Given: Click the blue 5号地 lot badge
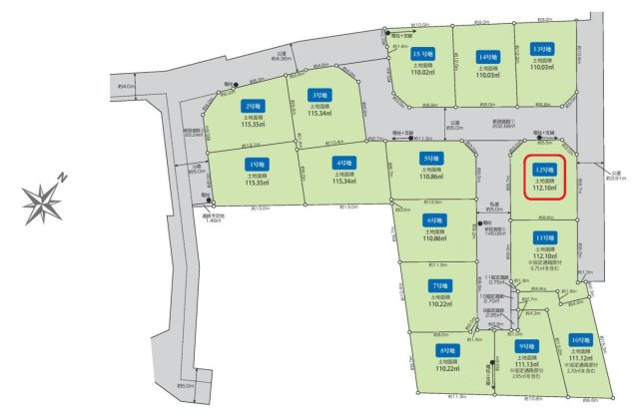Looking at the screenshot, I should click(432, 158).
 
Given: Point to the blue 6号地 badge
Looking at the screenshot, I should click(434, 220).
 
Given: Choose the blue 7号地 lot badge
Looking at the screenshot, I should click(436, 286).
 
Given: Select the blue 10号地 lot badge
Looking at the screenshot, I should click(580, 340).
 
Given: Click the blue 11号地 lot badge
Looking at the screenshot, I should click(544, 236).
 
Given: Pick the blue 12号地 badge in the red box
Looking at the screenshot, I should click(544, 170).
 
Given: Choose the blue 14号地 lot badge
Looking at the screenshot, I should click(487, 56).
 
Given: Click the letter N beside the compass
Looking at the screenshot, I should click(62, 177).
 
